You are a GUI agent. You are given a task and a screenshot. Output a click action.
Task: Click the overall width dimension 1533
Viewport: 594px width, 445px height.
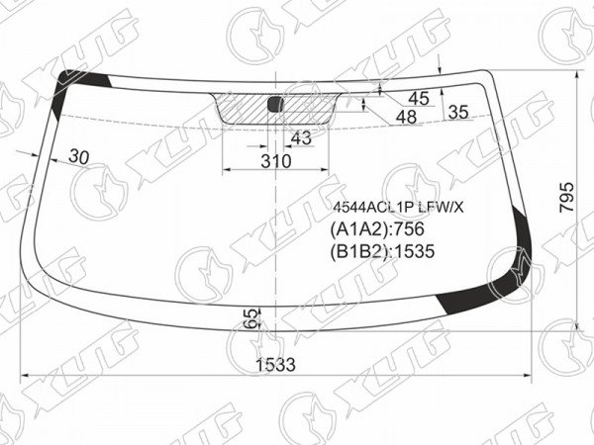click(x=275, y=365)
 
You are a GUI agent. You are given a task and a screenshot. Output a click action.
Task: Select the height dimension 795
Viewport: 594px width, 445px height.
click(x=567, y=197)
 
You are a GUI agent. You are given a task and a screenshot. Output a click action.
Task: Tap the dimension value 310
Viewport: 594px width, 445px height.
click(x=276, y=161)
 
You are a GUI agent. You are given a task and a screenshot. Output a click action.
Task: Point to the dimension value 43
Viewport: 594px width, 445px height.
click(x=301, y=138)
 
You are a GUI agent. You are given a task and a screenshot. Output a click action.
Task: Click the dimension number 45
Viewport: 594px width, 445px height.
click(x=419, y=99)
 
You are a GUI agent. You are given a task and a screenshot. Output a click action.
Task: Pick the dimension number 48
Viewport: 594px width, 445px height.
click(x=407, y=118)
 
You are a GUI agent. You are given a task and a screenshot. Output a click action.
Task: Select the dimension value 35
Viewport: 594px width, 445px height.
click(x=458, y=113)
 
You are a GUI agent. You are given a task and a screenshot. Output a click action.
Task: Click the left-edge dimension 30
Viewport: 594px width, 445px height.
click(x=79, y=156)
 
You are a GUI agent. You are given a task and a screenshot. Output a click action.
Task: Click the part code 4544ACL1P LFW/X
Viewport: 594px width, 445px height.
click(x=398, y=207)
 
